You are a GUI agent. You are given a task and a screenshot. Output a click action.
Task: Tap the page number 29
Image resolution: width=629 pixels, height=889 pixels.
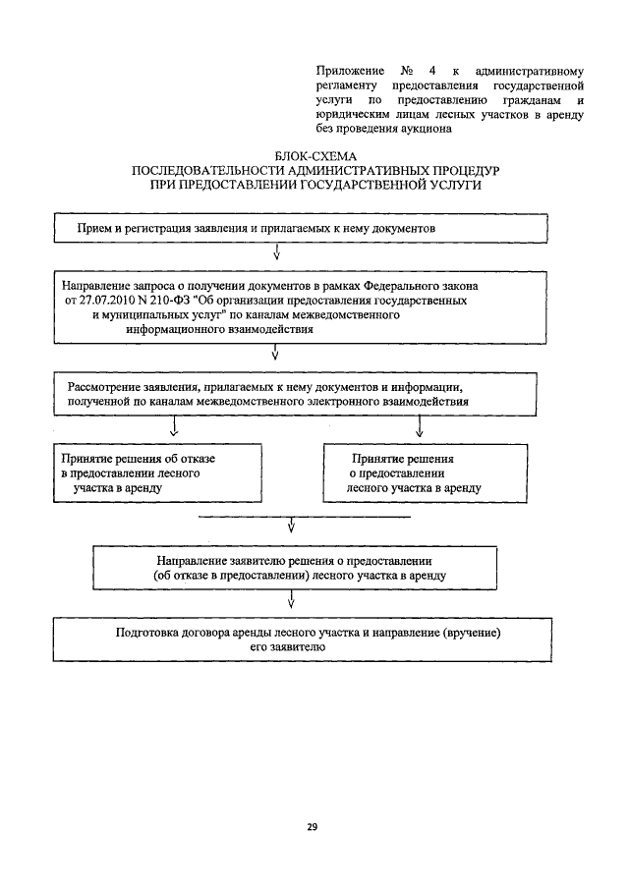[312, 828]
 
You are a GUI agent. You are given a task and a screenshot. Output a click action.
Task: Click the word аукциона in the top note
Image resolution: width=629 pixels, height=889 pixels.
[425, 127]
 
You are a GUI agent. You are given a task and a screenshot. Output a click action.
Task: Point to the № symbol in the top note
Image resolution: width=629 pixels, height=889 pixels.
[407, 72]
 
